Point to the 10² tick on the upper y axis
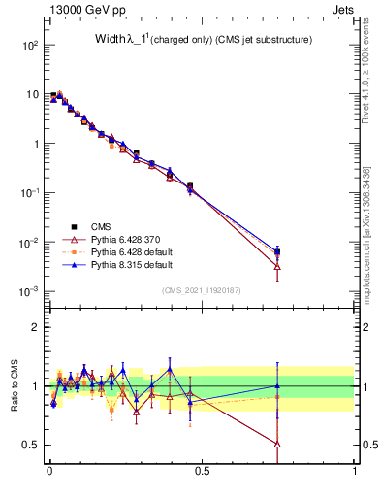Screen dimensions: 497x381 tap(29, 46)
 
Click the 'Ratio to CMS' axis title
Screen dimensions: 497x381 tap(15, 385)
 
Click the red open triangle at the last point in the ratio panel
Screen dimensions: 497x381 tap(278, 445)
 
